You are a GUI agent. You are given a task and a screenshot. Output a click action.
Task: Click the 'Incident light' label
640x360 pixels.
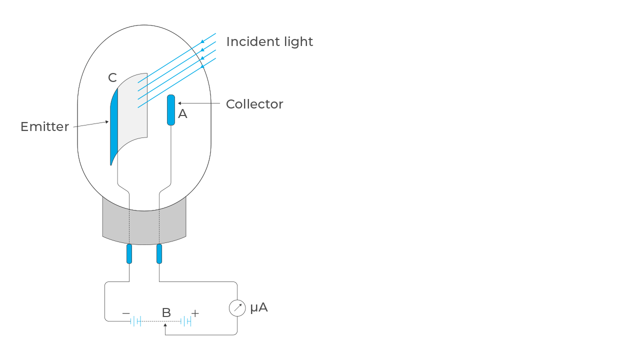pos(269,41)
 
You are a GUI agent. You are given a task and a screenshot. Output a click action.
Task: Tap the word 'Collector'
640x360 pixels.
pos(254,104)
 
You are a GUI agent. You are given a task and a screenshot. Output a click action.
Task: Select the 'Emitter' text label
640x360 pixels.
pos(44,126)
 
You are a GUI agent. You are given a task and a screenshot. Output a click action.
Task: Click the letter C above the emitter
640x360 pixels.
pos(112,78)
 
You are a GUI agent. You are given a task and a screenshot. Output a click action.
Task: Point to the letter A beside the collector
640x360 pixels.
pos(183,114)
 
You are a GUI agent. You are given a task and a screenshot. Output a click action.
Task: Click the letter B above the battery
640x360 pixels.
pos(166,313)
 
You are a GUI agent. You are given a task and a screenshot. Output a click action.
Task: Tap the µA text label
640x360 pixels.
pos(259,307)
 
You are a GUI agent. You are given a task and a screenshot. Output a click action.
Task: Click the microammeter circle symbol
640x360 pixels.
pos(237,308)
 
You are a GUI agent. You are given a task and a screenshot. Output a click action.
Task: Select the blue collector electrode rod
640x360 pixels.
pos(171,109)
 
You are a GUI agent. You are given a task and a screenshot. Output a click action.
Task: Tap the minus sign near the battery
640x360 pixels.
pos(126,313)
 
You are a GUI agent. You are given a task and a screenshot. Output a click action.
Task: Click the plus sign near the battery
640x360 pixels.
pos(195,313)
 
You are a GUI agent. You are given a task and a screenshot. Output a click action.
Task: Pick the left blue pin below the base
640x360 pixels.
pos(129,253)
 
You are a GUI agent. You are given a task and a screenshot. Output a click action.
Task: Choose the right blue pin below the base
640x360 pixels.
pos(159,253)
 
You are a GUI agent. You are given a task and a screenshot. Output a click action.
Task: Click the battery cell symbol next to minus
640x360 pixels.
pos(136,321)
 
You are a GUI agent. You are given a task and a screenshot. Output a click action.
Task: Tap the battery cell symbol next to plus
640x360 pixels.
pos(186,321)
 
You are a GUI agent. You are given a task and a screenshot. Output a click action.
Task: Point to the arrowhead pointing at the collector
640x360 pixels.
pos(180,103)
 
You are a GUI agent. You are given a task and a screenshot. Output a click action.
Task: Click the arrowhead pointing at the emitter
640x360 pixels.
pos(107,121)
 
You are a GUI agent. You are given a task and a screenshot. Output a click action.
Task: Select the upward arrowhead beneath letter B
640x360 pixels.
pos(165,325)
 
